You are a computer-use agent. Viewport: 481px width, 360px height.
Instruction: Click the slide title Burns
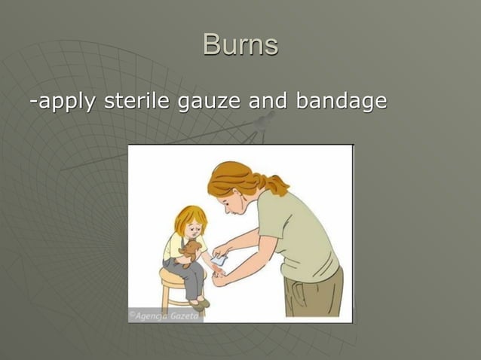pyautogui.click(x=240, y=45)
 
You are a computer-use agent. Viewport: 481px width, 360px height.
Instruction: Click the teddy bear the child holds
pyautogui.click(x=191, y=253)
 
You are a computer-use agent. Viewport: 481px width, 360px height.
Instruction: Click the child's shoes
pyautogui.click(x=201, y=303)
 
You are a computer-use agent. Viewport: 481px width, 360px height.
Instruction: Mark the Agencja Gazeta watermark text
pyautogui.click(x=164, y=316)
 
